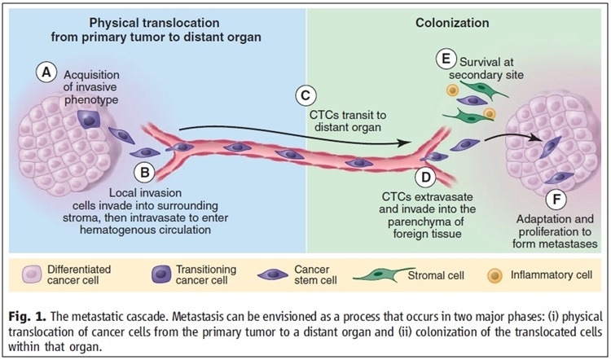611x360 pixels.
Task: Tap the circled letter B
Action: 143,173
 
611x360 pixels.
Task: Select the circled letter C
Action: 305,95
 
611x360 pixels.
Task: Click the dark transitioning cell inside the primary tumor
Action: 89,121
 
